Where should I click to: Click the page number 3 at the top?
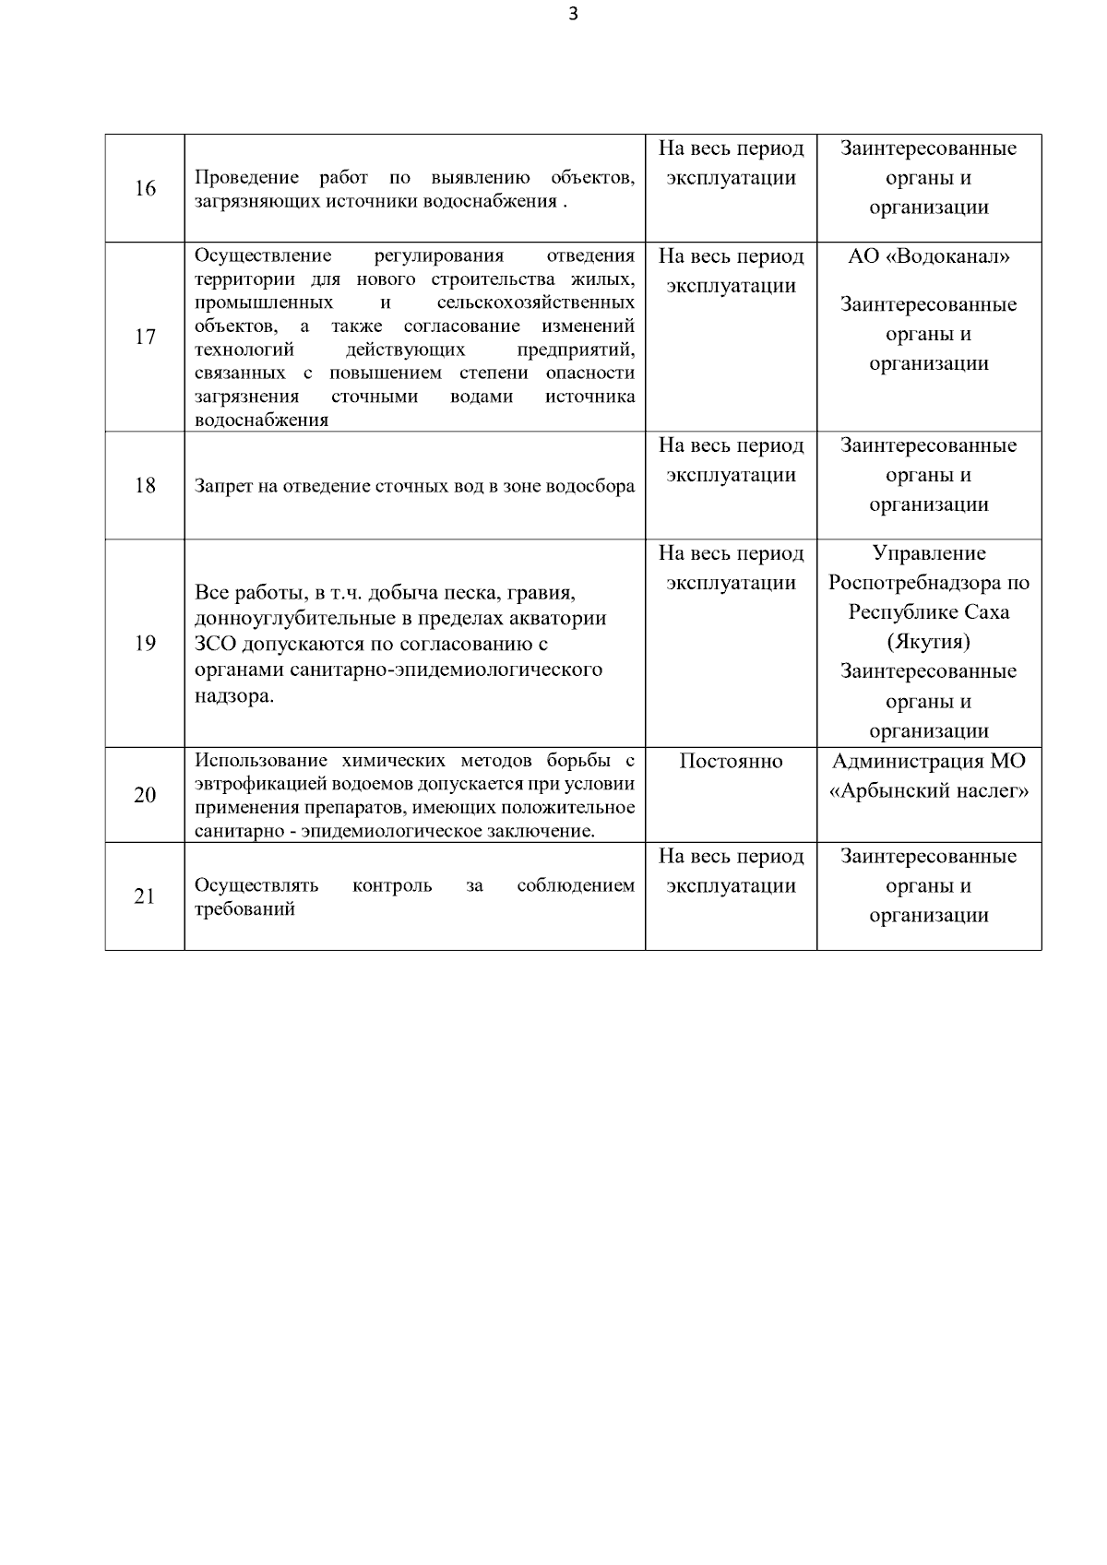574,14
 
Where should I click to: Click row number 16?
145,189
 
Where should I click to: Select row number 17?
145,338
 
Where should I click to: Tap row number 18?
145,486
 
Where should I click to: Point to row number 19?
145,644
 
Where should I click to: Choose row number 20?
145,795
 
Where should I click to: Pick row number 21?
145,896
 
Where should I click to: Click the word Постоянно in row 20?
731,762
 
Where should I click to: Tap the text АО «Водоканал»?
928,257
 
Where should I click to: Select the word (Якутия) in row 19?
928,642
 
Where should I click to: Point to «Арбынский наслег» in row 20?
928,791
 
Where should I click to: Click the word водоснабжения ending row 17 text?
261,420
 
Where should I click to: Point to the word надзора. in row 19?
234,695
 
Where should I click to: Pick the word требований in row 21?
244,909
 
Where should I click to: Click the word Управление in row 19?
928,553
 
